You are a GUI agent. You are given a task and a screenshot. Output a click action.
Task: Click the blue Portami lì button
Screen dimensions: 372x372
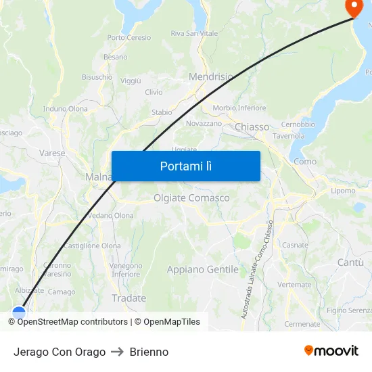click(185, 166)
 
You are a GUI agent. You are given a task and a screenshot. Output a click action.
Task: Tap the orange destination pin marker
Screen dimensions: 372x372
click(354, 7)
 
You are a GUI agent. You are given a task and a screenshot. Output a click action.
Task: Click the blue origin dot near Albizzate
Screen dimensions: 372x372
click(19, 312)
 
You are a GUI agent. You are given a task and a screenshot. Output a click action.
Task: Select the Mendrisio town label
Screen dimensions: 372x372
click(211, 77)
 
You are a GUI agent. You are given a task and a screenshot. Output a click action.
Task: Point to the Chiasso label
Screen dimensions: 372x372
click(252, 126)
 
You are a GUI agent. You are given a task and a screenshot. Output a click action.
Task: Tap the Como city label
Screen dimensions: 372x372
click(305, 162)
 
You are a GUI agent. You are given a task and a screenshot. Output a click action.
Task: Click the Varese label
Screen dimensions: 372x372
click(52, 153)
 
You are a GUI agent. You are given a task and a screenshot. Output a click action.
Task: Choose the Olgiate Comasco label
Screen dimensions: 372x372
click(191, 198)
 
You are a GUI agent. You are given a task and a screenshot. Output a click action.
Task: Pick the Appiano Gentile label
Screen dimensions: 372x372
click(203, 269)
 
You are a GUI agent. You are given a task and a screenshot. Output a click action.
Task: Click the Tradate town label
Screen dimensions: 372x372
click(129, 298)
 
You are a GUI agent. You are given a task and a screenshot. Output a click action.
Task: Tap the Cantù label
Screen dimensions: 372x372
click(350, 262)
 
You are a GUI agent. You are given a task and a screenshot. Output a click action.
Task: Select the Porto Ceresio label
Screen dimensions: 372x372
click(129, 38)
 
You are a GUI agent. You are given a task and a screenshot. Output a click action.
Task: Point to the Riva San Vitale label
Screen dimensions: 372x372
click(194, 33)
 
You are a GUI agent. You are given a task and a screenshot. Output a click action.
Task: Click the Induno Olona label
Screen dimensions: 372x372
click(66, 109)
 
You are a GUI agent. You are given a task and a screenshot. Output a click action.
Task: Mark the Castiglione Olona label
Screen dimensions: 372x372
click(93, 246)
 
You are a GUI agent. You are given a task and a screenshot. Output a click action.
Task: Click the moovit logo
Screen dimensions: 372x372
click(331, 350)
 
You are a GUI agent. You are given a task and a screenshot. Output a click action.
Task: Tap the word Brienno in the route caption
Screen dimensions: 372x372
click(149, 352)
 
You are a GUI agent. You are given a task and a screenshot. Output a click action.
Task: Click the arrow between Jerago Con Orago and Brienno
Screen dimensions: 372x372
click(118, 352)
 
